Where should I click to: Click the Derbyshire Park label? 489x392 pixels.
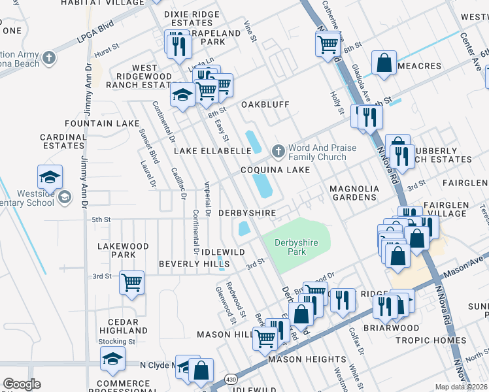[295, 247]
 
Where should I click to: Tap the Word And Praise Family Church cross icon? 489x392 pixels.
[278, 152]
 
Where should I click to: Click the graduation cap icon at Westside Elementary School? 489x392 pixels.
[50, 176]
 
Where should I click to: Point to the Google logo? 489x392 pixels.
[22, 384]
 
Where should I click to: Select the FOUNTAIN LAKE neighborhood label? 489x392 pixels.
[102, 123]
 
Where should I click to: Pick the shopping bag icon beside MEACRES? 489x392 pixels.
[384, 63]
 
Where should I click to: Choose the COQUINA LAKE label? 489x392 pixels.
[275, 170]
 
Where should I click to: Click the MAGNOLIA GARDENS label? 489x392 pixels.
[354, 193]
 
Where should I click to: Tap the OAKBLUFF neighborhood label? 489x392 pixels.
[265, 105]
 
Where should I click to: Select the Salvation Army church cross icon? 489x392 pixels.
[49, 59]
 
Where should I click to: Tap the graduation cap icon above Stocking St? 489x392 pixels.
[112, 358]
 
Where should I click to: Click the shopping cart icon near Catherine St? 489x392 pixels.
[327, 44]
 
